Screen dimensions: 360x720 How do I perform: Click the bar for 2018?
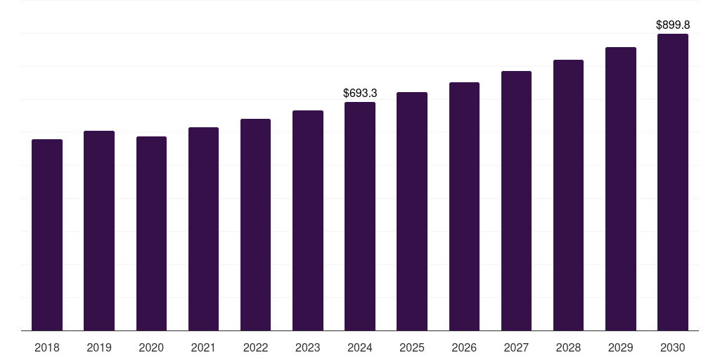[x=47, y=235]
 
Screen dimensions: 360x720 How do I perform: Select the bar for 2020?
[x=151, y=233]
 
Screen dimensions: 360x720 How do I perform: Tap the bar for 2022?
[x=255, y=225]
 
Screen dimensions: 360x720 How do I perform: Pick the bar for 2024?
[x=360, y=217]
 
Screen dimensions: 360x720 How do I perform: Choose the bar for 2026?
[x=464, y=207]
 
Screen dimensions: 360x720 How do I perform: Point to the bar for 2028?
[x=568, y=195]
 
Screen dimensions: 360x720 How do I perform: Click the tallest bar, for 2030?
[x=672, y=182]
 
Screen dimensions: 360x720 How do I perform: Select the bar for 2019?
[x=99, y=231]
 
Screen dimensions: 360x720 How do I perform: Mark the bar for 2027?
[x=516, y=201]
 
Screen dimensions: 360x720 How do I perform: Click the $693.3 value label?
[x=360, y=93]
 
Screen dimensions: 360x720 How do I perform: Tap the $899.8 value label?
[x=672, y=25]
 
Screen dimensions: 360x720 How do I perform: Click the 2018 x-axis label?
[x=47, y=347]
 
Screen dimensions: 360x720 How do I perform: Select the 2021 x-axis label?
[x=203, y=347]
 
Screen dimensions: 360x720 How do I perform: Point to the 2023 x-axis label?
[x=307, y=347]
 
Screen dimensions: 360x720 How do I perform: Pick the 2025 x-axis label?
[x=412, y=347]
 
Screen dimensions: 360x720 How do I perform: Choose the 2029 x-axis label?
[x=620, y=347]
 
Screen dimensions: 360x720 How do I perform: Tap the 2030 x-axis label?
[x=672, y=347]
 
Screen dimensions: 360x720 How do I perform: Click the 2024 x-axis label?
[x=360, y=347]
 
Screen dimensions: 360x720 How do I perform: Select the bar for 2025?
[x=412, y=212]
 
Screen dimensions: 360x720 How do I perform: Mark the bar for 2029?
[x=620, y=189]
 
